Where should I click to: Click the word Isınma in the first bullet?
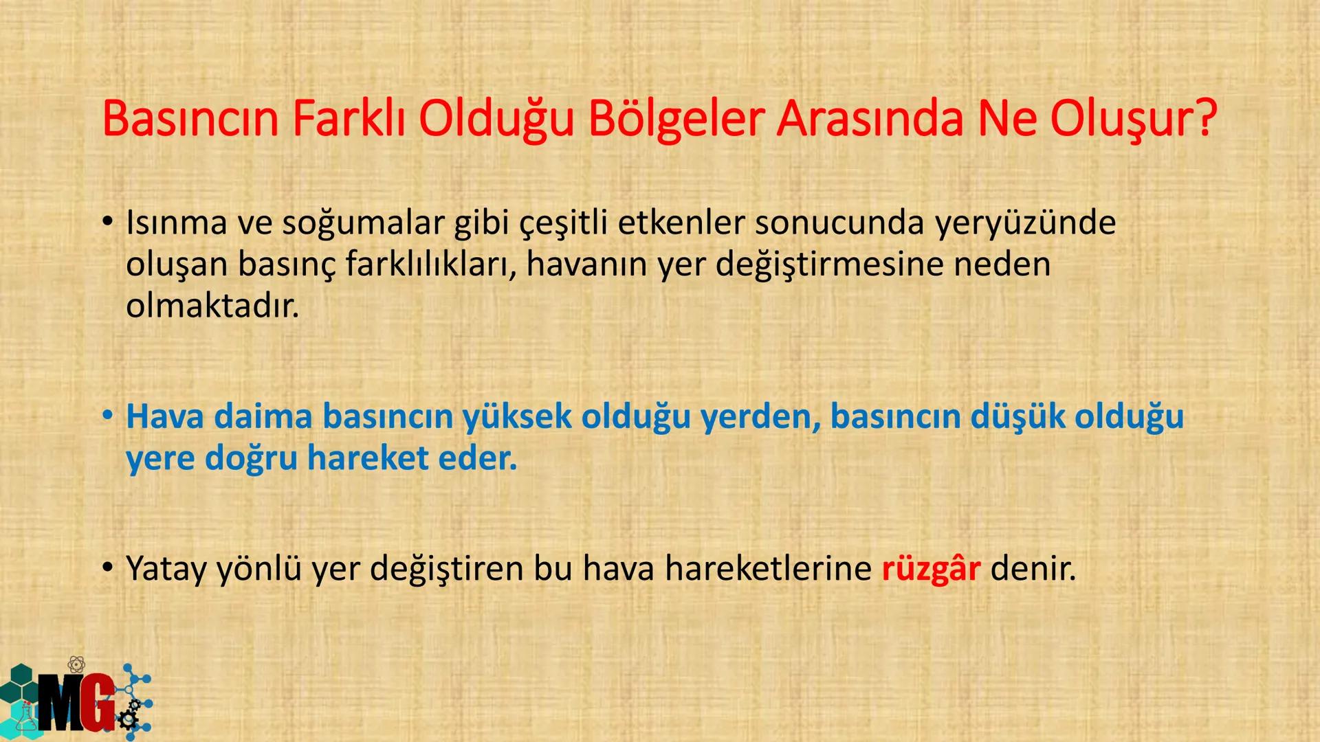(176, 223)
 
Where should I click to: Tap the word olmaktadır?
(212, 306)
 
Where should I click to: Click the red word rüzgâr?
(930, 568)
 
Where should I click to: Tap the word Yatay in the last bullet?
(166, 570)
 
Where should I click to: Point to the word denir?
(1033, 568)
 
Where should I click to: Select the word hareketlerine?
(768, 568)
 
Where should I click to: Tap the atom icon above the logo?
(76, 664)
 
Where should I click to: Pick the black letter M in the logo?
(60, 701)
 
